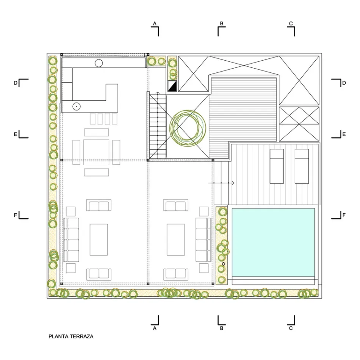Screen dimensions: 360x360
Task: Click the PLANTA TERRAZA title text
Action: [x=71, y=337]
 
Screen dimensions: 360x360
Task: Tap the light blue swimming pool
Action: [x=273, y=243]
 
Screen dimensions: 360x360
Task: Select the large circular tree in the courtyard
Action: [x=188, y=128]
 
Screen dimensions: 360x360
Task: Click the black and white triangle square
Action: [x=172, y=86]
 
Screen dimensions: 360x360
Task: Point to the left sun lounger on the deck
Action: [x=277, y=166]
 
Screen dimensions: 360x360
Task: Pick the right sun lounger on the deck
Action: [x=302, y=166]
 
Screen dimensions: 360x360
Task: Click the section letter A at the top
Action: [x=155, y=23]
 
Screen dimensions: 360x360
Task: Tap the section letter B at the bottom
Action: [x=222, y=328]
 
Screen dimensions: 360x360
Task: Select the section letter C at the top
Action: [x=291, y=23]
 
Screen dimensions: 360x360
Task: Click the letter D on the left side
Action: [x=16, y=83]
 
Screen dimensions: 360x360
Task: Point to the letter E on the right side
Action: [x=344, y=134]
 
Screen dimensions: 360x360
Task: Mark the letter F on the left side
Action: [x=16, y=215]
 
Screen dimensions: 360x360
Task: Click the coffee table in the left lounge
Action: [x=99, y=240]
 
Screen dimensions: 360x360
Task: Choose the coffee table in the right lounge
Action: [x=175, y=240]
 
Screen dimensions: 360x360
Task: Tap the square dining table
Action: [x=96, y=152]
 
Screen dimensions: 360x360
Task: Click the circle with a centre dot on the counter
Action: [x=77, y=106]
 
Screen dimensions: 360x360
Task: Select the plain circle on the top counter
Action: [x=99, y=63]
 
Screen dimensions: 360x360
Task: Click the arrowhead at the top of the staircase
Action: [x=158, y=93]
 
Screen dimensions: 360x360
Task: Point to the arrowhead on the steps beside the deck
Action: [x=233, y=183]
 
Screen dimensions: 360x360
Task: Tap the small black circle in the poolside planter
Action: [x=224, y=264]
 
